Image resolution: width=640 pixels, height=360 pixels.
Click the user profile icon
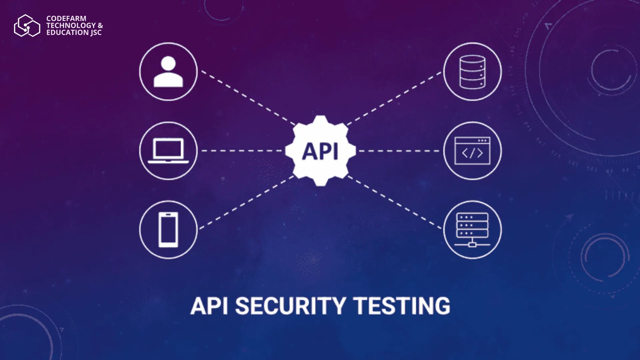pyautogui.click(x=168, y=72)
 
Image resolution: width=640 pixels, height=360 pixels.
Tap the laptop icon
pyautogui.click(x=168, y=151)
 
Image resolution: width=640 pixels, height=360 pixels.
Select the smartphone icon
pyautogui.click(x=168, y=230)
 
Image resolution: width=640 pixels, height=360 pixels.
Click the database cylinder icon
pyautogui.click(x=472, y=72)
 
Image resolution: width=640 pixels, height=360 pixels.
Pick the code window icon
pyautogui.click(x=472, y=151)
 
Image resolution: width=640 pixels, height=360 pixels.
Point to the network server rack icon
pyautogui.click(x=472, y=230)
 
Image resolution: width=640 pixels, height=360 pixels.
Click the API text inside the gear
pyautogui.click(x=320, y=151)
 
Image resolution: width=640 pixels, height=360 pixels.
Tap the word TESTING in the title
pyautogui.click(x=402, y=306)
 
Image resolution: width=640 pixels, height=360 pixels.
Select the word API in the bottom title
pyautogui.click(x=209, y=306)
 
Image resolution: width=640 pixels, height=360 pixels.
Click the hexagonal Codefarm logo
pyautogui.click(x=27, y=26)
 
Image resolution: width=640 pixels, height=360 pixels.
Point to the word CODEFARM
pyautogui.click(x=66, y=18)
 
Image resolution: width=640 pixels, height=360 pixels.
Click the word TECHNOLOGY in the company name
pyautogui.click(x=71, y=25)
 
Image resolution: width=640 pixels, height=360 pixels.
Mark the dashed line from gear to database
pyautogui.click(x=395, y=98)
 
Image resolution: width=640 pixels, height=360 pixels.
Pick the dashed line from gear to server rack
pyautogui.click(x=395, y=203)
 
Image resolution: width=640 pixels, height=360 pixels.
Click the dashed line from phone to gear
pyautogui.click(x=247, y=203)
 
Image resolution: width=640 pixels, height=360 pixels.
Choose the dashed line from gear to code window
pyautogui.click(x=399, y=151)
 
